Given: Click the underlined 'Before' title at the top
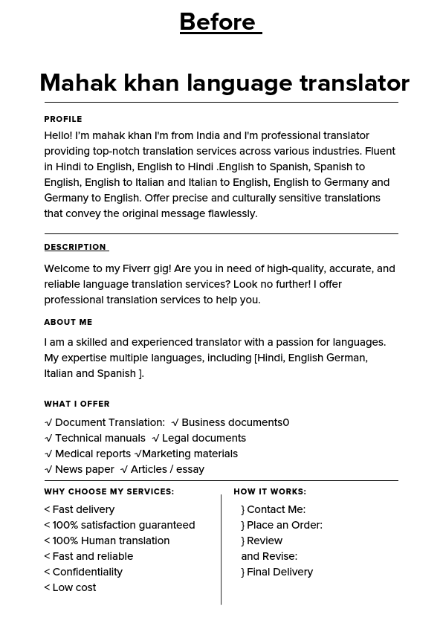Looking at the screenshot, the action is [220, 22].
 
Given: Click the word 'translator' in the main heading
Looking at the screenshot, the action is [355, 83].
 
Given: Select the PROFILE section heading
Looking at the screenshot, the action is [63, 119].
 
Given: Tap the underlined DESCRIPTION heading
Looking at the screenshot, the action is [75, 248].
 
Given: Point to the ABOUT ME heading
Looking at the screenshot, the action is [68, 323].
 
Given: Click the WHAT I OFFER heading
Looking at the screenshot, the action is [77, 404].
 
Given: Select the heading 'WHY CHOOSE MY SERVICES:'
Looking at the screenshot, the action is [109, 492].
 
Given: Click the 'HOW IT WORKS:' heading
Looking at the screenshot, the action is [270, 492].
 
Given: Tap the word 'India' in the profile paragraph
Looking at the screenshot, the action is [208, 135].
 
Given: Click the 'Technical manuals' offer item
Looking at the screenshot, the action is [100, 438].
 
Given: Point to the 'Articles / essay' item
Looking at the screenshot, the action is [166, 469].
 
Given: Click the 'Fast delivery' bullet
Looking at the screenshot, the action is [83, 509].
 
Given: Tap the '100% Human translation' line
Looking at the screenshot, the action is [111, 541].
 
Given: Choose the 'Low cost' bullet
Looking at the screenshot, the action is [74, 587].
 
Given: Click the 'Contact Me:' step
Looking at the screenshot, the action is [276, 509].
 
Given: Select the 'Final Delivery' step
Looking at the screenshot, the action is [279, 572].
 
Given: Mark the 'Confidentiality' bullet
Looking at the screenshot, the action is [87, 572].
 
